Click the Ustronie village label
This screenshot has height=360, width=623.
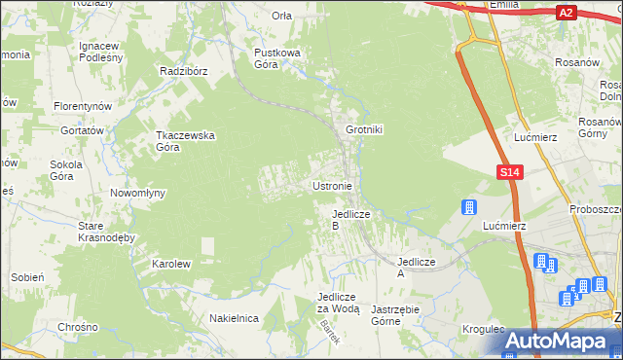point(338,185)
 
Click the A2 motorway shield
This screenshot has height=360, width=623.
point(567,13)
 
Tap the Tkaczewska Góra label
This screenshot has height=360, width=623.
point(178,141)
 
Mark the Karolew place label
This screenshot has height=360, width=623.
point(170,264)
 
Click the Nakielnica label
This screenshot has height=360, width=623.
point(233,318)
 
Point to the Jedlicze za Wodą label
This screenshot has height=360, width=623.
point(338,303)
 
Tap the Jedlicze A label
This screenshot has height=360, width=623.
point(414,268)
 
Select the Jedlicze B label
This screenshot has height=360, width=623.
point(348,219)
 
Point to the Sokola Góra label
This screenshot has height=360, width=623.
point(69,170)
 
